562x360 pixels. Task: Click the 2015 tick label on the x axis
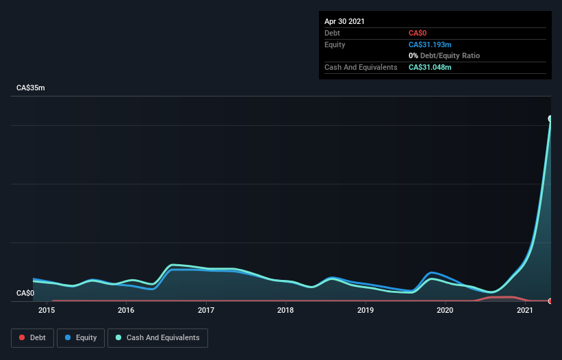(47, 311)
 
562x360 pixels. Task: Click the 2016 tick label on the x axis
(126, 311)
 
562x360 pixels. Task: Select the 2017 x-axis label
(206, 311)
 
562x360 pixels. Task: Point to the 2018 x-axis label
(285, 311)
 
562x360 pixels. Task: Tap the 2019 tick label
(366, 311)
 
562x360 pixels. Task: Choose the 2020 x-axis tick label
(445, 311)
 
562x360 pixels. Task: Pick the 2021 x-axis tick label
(525, 311)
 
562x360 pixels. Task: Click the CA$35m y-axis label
(31, 88)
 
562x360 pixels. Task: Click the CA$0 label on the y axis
(25, 293)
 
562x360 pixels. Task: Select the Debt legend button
(32, 337)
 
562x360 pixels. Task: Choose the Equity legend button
(81, 337)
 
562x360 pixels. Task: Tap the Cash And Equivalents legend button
(157, 337)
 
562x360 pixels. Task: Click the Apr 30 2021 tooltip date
(344, 21)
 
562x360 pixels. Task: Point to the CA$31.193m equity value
(430, 44)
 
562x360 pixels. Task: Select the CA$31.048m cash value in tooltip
(430, 67)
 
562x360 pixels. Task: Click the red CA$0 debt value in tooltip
(418, 33)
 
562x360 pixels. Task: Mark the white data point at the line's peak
(550, 118)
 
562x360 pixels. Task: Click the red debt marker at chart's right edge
(550, 301)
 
